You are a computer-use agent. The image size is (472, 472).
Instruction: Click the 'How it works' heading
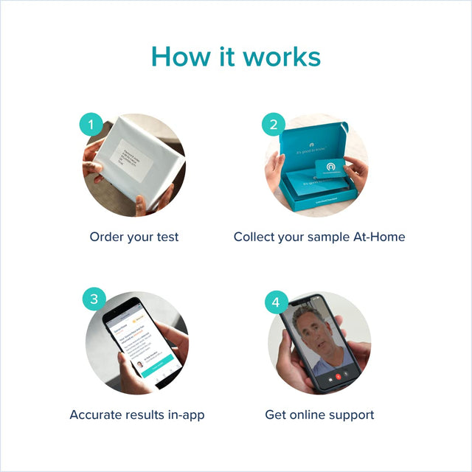pyautogui.click(x=236, y=57)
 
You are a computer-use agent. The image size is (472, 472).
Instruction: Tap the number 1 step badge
pyautogui.click(x=91, y=125)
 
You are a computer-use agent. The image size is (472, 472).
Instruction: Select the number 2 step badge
pyautogui.click(x=273, y=125)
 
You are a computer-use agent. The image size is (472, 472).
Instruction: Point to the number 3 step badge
pyautogui.click(x=94, y=299)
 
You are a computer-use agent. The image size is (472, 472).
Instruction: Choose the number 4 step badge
pyautogui.click(x=276, y=302)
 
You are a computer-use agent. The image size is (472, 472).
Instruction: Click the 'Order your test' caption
pyautogui.click(x=134, y=237)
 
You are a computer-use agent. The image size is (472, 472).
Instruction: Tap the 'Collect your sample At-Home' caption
pyautogui.click(x=319, y=237)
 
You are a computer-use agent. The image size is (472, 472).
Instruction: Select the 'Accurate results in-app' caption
pyautogui.click(x=137, y=414)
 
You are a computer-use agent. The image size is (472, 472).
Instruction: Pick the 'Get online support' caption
pyautogui.click(x=319, y=414)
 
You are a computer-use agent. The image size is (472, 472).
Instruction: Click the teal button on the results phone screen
pyautogui.click(x=153, y=364)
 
